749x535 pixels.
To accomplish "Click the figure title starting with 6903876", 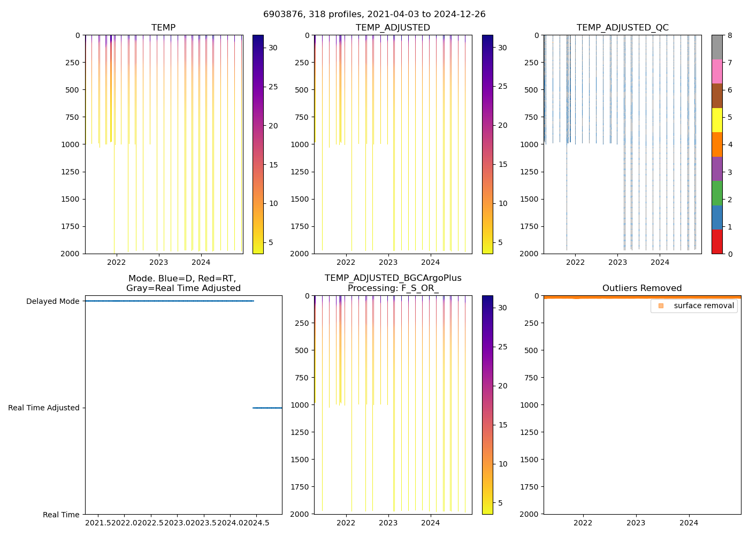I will point(374,14).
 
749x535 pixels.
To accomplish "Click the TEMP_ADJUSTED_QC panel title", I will point(622,28).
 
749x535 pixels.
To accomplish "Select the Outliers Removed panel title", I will point(642,288).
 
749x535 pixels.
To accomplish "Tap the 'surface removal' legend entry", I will point(704,305).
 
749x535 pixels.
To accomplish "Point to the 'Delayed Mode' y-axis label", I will point(52,301).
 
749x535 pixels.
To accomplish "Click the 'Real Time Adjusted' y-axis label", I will point(43,408).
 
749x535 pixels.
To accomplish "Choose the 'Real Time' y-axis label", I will point(61,515).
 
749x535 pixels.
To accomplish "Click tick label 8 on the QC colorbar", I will point(730,35).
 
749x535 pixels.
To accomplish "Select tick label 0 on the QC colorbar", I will point(730,254).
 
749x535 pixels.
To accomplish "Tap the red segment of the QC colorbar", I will point(717,241).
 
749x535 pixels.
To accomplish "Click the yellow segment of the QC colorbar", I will point(717,120).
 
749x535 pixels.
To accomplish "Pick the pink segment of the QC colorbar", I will point(717,71).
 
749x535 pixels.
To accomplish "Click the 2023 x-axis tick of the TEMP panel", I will point(159,262).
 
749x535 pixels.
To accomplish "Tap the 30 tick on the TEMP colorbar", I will point(273,48).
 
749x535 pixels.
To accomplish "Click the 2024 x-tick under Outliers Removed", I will point(689,523).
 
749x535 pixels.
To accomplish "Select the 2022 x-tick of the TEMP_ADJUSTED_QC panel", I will point(575,262).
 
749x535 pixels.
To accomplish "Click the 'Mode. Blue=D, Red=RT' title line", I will point(182,279).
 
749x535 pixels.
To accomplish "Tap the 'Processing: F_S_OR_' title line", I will point(393,288).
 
